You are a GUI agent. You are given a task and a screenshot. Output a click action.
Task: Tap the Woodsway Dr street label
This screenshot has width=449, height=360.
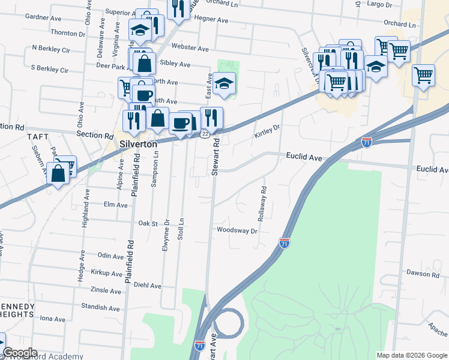(237, 230)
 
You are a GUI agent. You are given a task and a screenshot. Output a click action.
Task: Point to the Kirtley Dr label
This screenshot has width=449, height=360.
(267, 130)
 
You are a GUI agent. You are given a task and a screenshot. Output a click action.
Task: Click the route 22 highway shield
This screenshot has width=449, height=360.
(205, 134)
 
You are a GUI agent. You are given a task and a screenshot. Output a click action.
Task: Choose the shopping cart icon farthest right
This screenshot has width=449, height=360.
(424, 76)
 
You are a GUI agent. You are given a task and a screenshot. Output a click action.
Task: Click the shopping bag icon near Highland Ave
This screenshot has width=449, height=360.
(58, 174)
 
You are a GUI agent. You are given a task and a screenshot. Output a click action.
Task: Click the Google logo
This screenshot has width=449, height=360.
(20, 353)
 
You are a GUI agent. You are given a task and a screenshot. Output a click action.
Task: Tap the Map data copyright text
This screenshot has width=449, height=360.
(411, 355)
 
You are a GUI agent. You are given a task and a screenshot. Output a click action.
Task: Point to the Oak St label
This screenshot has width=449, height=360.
(148, 223)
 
